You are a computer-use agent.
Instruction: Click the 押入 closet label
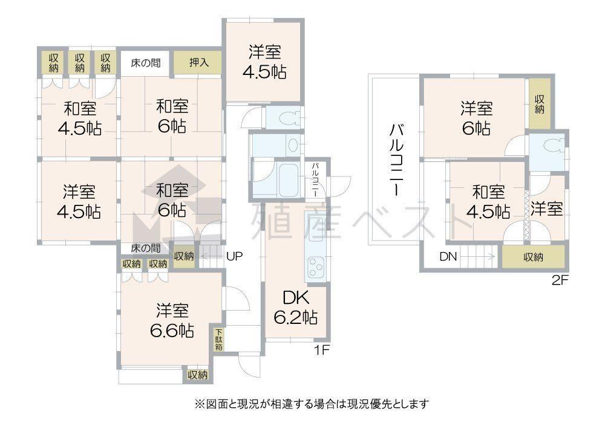coord(198,62)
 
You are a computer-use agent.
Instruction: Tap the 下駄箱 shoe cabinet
coord(219,339)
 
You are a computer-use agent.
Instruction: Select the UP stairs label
coord(234,256)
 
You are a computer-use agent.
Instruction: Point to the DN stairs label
coord(448,256)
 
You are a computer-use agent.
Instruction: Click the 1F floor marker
coord(321,350)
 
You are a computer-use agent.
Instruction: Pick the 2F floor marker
coord(560,280)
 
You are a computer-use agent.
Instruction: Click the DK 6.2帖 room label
coord(296,308)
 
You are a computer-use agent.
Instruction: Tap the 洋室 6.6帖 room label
coord(172,320)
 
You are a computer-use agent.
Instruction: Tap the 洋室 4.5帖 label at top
coord(264,62)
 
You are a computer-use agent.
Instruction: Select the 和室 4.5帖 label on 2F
coord(488,201)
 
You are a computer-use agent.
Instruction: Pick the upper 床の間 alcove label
coord(145,63)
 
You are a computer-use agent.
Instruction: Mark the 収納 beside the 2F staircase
coord(533,257)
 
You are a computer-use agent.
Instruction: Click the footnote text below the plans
coord(312,404)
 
